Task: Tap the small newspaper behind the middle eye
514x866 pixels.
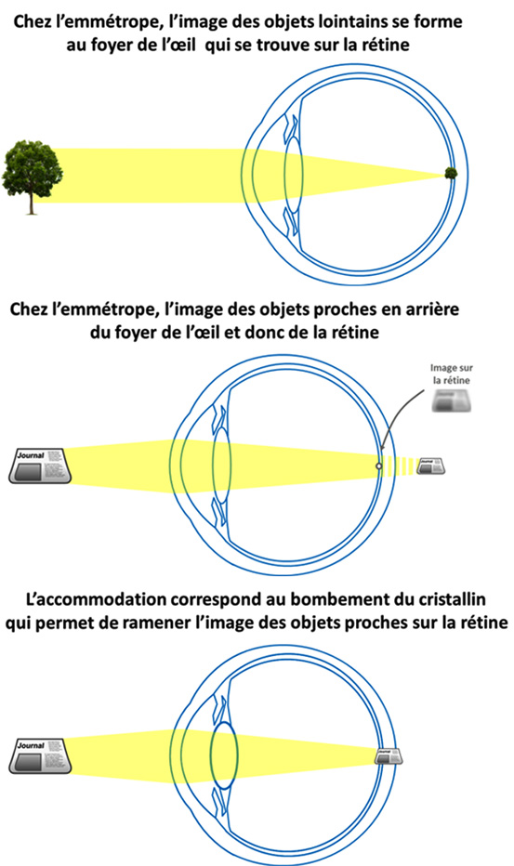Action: (x=432, y=466)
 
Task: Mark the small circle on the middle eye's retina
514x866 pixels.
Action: (x=378, y=466)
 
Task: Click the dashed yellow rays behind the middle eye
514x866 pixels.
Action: (x=401, y=466)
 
